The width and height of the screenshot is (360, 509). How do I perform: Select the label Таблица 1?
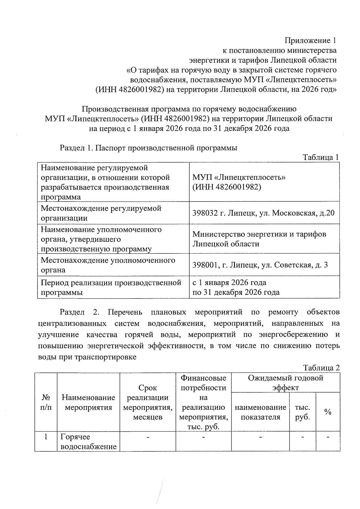click(321, 157)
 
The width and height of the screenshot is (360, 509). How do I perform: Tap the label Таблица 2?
click(321, 368)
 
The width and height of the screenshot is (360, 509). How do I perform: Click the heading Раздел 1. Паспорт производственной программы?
click(148, 148)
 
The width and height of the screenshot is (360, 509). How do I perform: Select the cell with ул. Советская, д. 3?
click(260, 265)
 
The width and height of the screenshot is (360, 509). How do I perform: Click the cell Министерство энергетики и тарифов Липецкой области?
click(259, 239)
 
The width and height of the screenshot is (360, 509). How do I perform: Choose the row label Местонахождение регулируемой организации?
click(101, 213)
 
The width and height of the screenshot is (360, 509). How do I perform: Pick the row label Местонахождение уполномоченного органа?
click(108, 265)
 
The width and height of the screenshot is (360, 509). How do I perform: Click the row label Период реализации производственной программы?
click(111, 287)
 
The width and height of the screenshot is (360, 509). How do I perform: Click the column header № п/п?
click(46, 402)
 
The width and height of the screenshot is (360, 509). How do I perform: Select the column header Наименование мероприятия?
click(88, 402)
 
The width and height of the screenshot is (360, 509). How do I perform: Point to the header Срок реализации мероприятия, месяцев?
click(148, 402)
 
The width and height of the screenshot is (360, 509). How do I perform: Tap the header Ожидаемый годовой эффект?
click(285, 382)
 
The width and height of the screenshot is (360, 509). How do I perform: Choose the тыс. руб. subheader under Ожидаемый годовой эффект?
click(302, 412)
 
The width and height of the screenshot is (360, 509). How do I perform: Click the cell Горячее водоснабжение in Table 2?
click(88, 442)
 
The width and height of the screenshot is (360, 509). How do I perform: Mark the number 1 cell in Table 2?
click(46, 437)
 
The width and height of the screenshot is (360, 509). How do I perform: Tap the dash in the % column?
click(328, 438)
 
